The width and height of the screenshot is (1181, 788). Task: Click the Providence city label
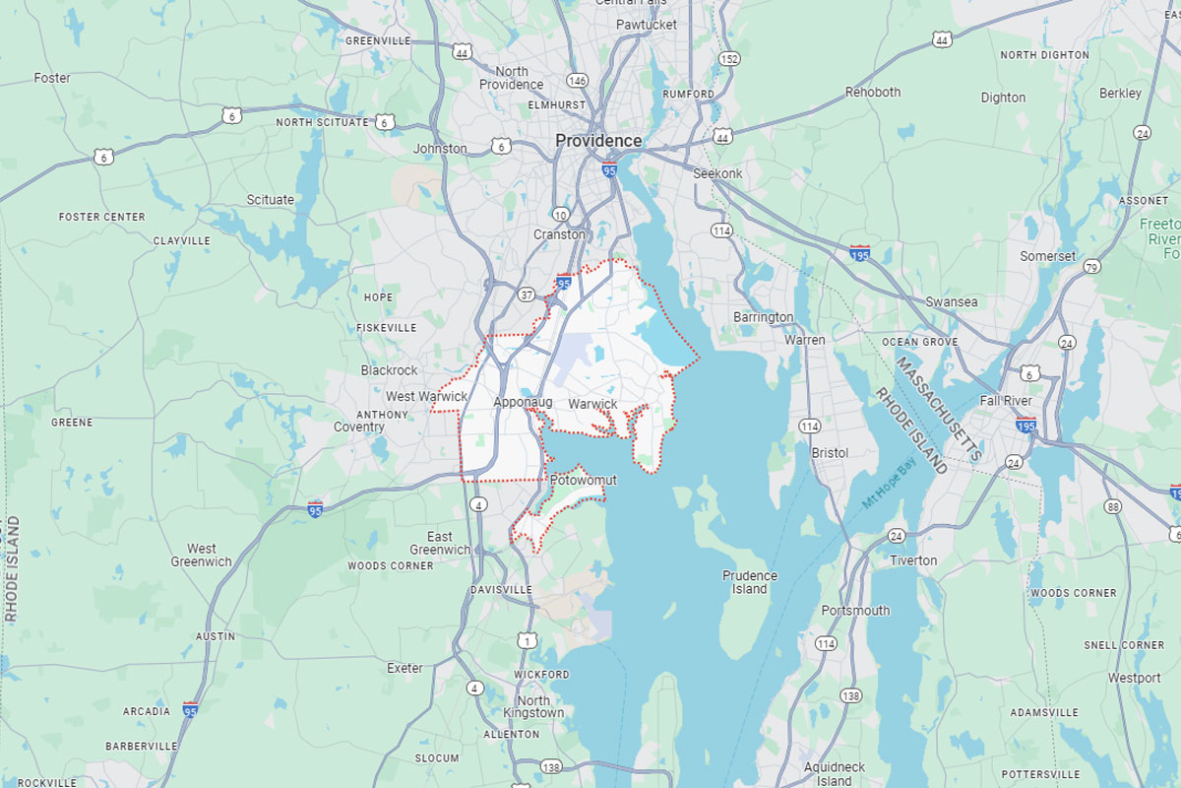coord(597,141)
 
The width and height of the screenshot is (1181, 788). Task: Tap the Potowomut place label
coord(584,480)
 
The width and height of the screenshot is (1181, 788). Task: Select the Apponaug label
coord(523,403)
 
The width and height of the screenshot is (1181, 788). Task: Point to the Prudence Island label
coord(749,582)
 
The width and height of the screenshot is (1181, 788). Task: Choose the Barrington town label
coord(763,317)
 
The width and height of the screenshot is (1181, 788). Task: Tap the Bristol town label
coord(829,453)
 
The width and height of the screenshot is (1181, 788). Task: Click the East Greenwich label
coord(440,544)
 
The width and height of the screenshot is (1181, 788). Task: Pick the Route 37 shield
coord(528,295)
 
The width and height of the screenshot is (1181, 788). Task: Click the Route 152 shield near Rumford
coord(728,59)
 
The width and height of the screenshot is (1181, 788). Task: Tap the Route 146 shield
coord(577,81)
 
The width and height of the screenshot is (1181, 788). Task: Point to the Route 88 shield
coord(1112,506)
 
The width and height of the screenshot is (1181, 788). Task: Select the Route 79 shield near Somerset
coord(1090,267)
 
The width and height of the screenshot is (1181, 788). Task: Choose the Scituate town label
coord(270,199)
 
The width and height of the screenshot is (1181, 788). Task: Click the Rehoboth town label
coord(873,92)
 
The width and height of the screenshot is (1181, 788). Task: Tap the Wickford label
coord(541,675)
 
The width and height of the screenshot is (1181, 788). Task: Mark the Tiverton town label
coord(913,560)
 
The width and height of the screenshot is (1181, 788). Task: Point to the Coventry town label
coord(358,427)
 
